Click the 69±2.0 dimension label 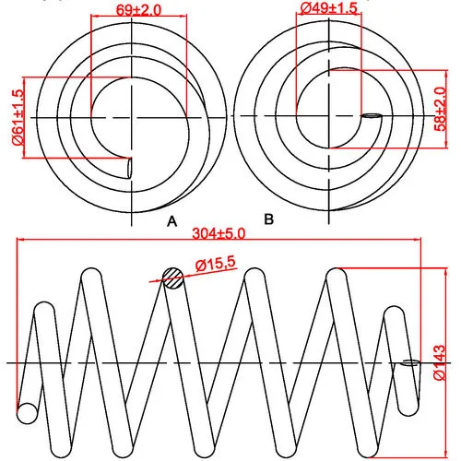pyautogui.click(x=138, y=10)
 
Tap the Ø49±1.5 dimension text pyautogui.click(x=328, y=7)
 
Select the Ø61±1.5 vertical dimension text pyautogui.click(x=18, y=117)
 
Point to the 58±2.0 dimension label pyautogui.click(x=440, y=109)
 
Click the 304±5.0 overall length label pyautogui.click(x=219, y=233)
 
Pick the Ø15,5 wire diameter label pyautogui.click(x=216, y=265)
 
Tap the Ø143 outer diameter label pyautogui.click(x=439, y=362)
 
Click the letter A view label pyautogui.click(x=172, y=221)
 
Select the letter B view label pyautogui.click(x=268, y=219)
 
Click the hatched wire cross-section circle pyautogui.click(x=173, y=278)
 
